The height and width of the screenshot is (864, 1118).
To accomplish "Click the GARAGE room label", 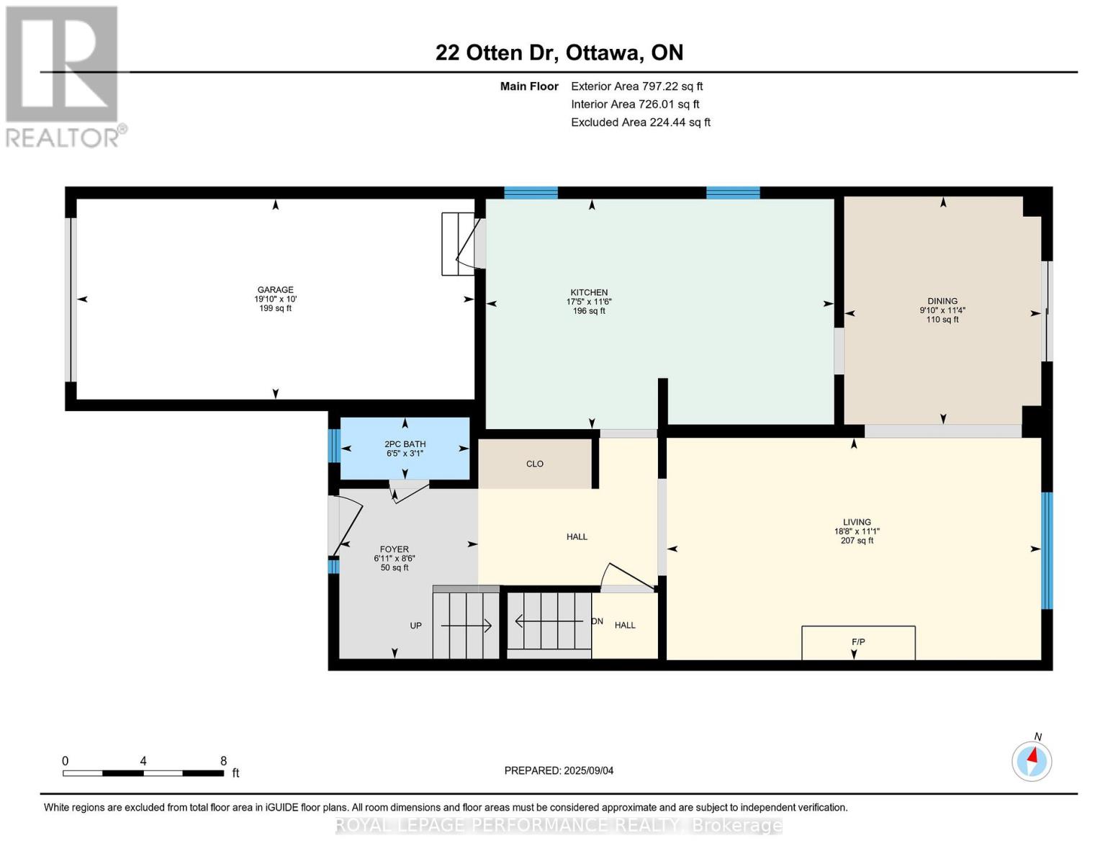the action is coord(275,289).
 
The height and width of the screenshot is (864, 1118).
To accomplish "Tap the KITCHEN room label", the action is coord(589,292).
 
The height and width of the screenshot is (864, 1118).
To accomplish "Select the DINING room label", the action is coord(942,301).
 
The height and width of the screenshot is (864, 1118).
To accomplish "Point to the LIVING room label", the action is coord(857,522).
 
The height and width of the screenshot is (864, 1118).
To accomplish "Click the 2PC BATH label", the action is coord(405,444).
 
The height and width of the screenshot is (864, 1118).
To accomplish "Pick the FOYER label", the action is coord(394,549).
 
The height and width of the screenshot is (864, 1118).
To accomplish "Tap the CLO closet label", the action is coord(535,464).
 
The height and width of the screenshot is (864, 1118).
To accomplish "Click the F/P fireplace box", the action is coord(858,643).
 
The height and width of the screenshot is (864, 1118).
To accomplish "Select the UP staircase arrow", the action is coord(466,626).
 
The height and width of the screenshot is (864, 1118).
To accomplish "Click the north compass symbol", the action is coord(1032,762).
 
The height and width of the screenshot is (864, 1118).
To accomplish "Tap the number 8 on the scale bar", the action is coord(223,760).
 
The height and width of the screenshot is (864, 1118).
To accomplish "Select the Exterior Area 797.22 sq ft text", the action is coord(637,86).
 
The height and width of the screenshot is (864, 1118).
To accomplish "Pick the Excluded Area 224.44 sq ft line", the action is coord(641,122).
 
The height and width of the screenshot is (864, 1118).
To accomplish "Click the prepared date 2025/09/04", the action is coord(589,770).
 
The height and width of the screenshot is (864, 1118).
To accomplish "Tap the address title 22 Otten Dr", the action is coord(497,53).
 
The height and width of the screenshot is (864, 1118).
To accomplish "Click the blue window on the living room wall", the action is coord(1047,551).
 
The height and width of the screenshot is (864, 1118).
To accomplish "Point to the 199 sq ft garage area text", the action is coord(275,308).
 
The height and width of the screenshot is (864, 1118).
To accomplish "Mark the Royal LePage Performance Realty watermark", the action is coord(559,825).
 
